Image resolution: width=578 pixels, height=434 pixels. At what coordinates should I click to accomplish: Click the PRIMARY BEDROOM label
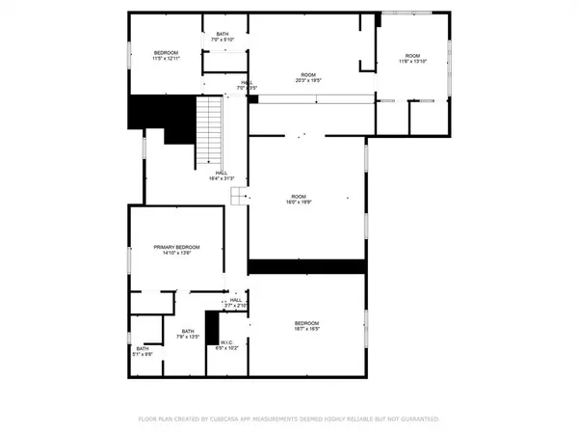(x=174, y=248)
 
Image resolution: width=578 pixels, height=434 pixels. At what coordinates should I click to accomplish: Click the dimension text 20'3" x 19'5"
(x=308, y=81)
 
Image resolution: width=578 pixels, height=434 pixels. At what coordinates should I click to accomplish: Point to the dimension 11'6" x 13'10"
(x=413, y=63)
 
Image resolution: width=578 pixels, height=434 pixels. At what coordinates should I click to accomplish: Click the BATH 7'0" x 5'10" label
(x=223, y=38)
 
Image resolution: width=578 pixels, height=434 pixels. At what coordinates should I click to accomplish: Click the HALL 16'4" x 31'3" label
(x=222, y=176)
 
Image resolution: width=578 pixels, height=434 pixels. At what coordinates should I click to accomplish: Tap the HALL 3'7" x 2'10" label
(x=235, y=302)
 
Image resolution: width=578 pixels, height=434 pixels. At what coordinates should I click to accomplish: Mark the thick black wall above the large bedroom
(x=306, y=266)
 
